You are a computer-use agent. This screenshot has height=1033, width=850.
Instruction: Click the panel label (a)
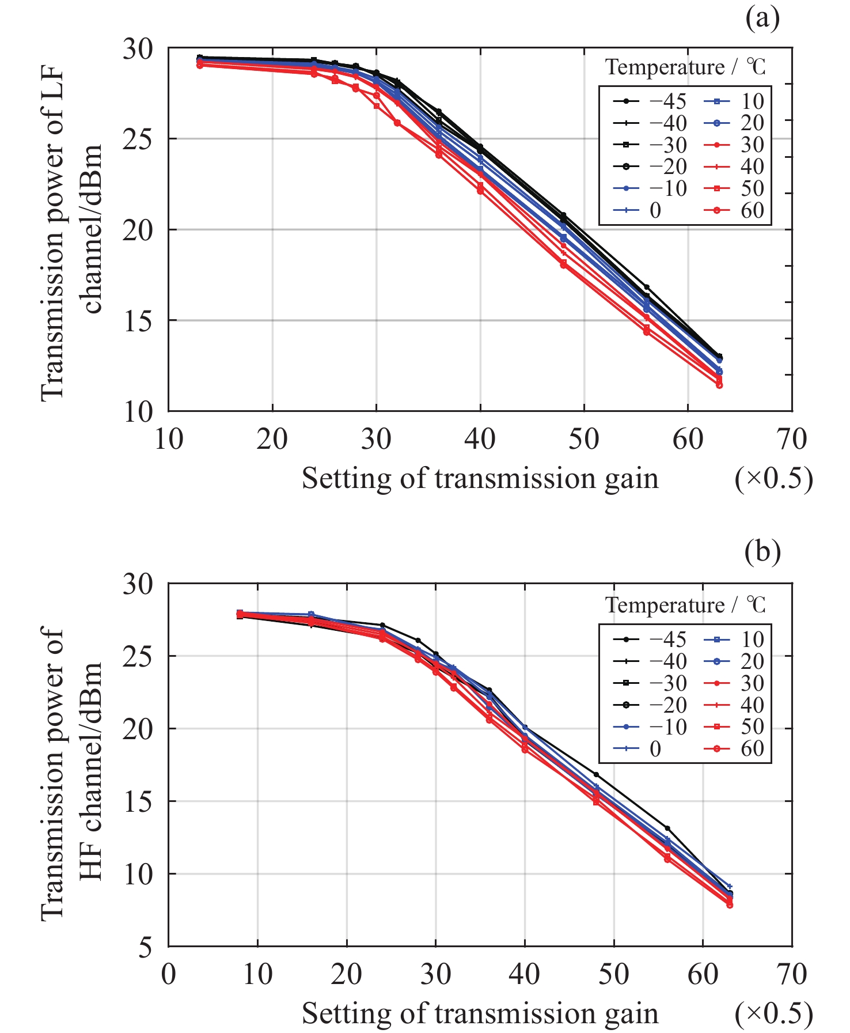[762, 18]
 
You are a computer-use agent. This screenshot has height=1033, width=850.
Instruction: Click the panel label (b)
[762, 552]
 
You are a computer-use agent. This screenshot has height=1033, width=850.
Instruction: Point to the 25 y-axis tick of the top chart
[138, 139]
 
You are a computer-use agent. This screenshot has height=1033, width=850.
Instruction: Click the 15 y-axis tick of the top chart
[138, 320]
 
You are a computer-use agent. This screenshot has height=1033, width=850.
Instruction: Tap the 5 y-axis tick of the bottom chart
[146, 947]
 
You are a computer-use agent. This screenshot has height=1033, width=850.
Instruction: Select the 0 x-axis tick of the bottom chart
[168, 974]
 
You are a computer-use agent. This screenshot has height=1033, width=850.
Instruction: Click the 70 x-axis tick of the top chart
[792, 440]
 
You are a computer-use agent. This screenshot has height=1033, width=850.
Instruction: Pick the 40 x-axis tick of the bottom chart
[524, 974]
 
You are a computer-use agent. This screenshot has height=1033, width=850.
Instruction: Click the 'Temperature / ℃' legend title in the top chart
[685, 67]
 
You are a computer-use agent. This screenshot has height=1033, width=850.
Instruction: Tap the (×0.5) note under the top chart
[773, 479]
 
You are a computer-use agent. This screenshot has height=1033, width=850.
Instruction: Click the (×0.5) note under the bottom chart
[773, 1014]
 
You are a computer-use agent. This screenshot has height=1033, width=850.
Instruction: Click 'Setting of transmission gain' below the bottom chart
[480, 1014]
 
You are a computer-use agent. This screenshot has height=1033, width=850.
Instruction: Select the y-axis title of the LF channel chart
[72, 230]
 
